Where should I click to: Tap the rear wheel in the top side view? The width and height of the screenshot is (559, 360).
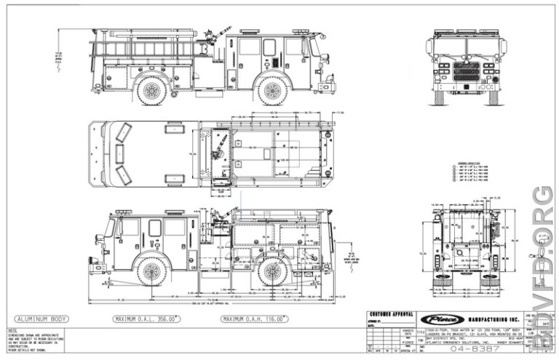point(152,91)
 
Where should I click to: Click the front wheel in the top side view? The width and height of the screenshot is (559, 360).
point(272,91)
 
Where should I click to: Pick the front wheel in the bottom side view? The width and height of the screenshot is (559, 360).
point(152,271)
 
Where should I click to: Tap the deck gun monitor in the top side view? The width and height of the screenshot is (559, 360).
point(213,35)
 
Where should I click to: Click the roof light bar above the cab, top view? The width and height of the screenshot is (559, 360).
point(251,31)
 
